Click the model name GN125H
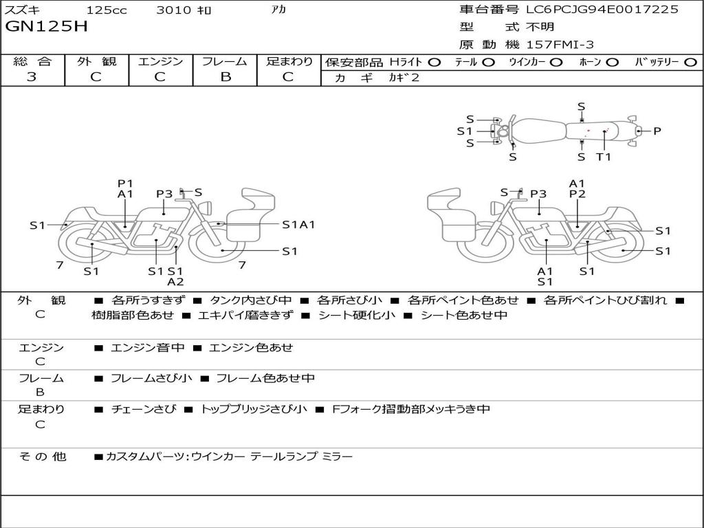click(x=47, y=27)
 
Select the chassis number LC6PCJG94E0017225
click(x=602, y=10)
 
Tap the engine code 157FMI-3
click(x=560, y=45)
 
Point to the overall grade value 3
click(x=32, y=77)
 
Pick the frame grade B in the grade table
click(x=225, y=77)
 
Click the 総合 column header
click(x=32, y=62)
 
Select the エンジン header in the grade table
click(x=160, y=62)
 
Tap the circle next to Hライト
click(x=434, y=63)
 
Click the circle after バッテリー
click(x=691, y=63)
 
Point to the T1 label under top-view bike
click(x=604, y=157)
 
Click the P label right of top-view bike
click(x=657, y=131)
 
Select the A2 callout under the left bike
click(x=176, y=282)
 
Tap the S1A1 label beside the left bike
click(x=298, y=224)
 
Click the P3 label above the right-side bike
click(x=538, y=194)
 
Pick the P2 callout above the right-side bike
click(x=577, y=195)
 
